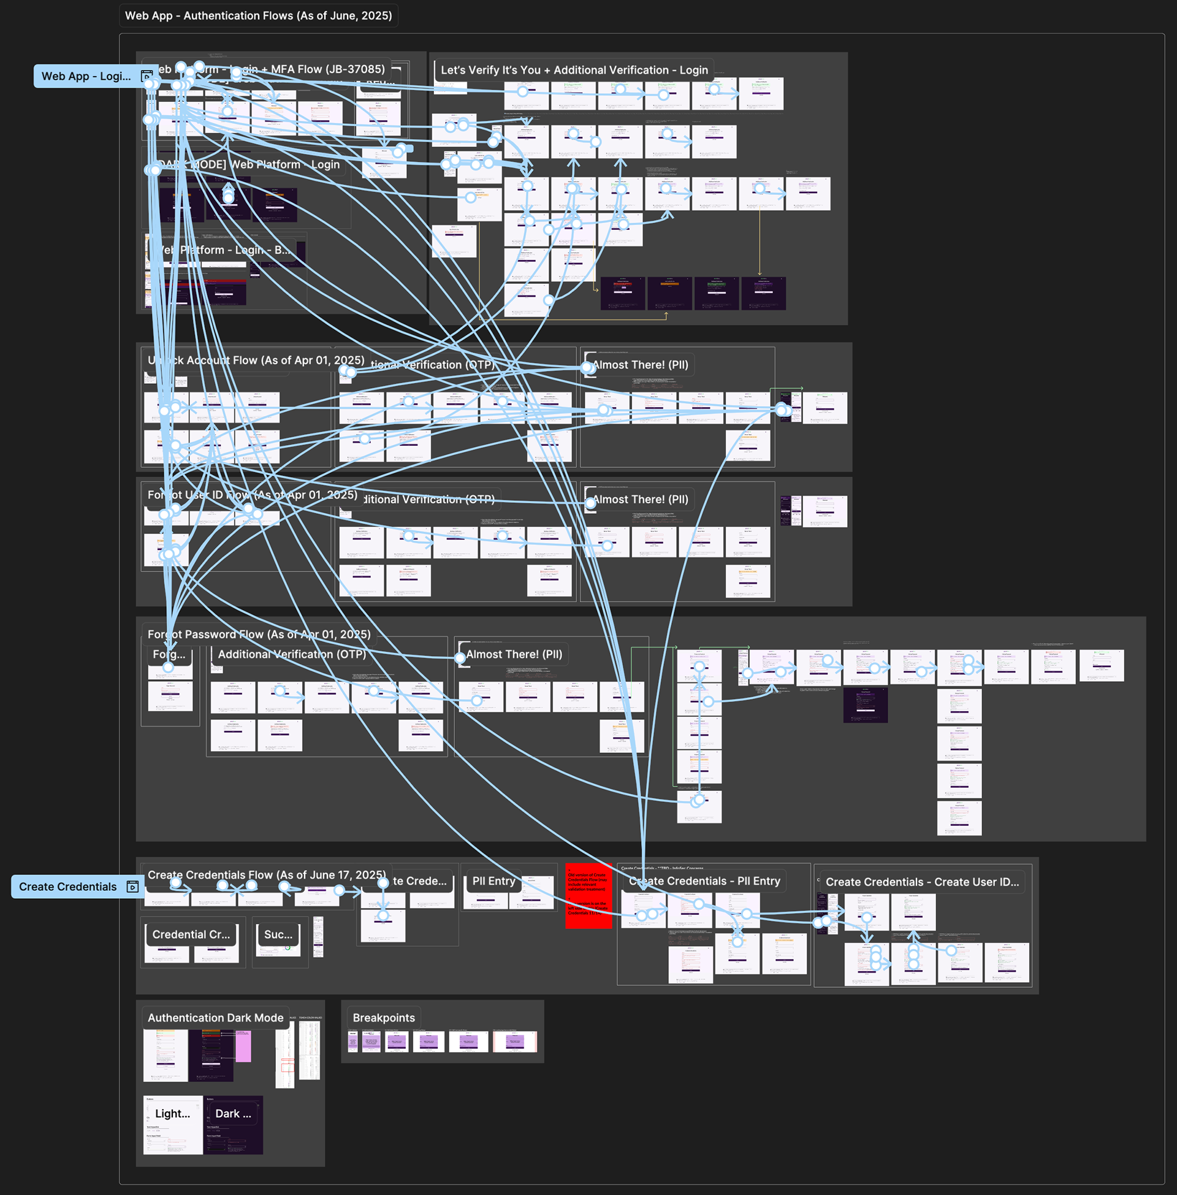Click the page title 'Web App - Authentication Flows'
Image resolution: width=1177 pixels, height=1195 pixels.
tap(258, 15)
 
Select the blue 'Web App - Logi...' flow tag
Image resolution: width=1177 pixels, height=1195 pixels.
tap(86, 76)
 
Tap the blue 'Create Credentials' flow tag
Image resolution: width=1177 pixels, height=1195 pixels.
tap(68, 887)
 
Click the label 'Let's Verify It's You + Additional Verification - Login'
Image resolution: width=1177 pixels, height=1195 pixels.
tap(574, 70)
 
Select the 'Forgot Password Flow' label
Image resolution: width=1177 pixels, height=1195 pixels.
tap(259, 633)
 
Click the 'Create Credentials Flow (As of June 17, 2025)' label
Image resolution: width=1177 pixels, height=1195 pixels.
tap(267, 875)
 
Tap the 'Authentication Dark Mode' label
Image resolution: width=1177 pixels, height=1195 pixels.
tap(215, 1018)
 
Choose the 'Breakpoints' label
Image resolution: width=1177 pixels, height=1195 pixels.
tap(383, 1018)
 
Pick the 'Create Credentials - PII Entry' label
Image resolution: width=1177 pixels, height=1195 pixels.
tap(705, 881)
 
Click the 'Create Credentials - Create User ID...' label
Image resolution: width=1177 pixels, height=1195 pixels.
tap(922, 882)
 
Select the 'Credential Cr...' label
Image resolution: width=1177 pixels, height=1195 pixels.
tap(191, 935)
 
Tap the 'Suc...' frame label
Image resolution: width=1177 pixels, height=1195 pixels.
tap(278, 935)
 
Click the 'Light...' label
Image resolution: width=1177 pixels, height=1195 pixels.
tap(172, 1113)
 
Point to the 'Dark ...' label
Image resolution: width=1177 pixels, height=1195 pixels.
tap(233, 1113)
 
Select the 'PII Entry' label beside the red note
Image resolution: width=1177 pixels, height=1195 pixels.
tap(493, 881)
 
